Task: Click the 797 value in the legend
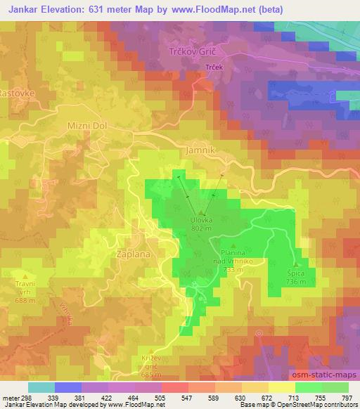click(347, 397)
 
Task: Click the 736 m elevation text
click(296, 282)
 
